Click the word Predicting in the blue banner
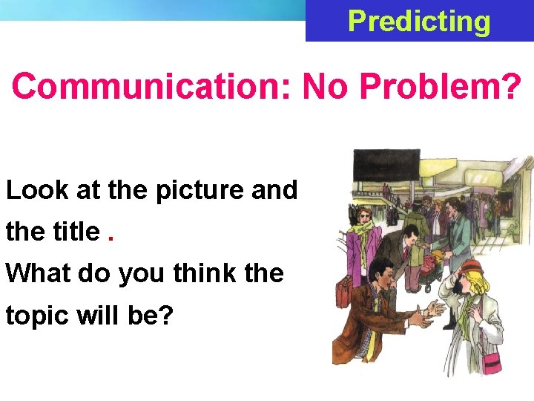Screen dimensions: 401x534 point(419,22)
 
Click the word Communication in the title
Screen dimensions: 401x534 point(152,87)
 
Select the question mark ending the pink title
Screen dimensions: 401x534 point(512,87)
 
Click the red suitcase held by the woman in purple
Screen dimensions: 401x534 point(345,293)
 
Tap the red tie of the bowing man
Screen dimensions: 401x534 point(405,253)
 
